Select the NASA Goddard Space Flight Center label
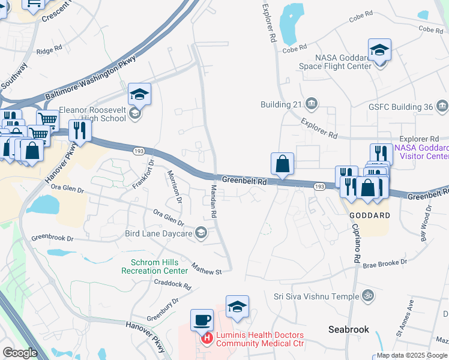coord(335,62)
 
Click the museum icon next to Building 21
coord(312,104)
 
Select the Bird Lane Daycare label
coord(158,233)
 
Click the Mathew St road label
coord(206,268)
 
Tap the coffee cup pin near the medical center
coord(202,319)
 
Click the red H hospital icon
coord(207,339)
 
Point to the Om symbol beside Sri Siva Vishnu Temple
coord(369,295)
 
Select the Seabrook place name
coord(348,329)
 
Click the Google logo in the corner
coord(20,353)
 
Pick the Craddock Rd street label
coord(172,284)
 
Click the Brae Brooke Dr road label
coord(385,263)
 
